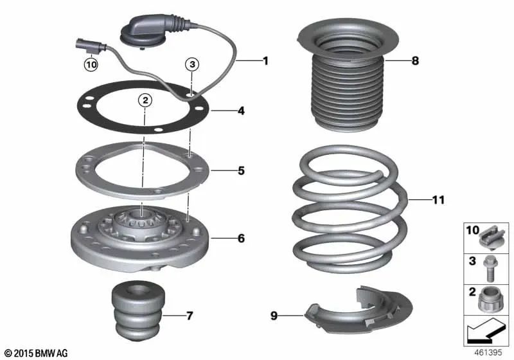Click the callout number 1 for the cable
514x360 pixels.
coord(264,61)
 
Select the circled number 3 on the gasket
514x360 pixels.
coord(191,64)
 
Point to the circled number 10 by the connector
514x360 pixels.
coord(91,64)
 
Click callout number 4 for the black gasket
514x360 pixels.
coord(241,111)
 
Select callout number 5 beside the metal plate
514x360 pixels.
coord(241,171)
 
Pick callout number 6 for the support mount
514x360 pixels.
coord(241,239)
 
